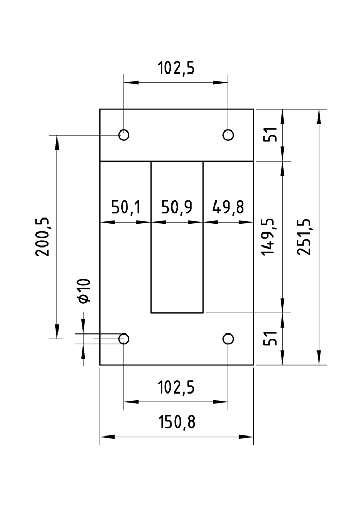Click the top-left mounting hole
124,135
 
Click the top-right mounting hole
228,135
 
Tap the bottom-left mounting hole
124,339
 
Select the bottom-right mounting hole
228,339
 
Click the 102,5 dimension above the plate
176,68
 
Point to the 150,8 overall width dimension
177,423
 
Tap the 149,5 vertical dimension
268,237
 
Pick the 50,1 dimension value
126,208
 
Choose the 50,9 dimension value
177,208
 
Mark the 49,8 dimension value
228,208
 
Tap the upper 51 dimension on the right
268,135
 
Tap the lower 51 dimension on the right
268,339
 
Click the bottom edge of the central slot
177,313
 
